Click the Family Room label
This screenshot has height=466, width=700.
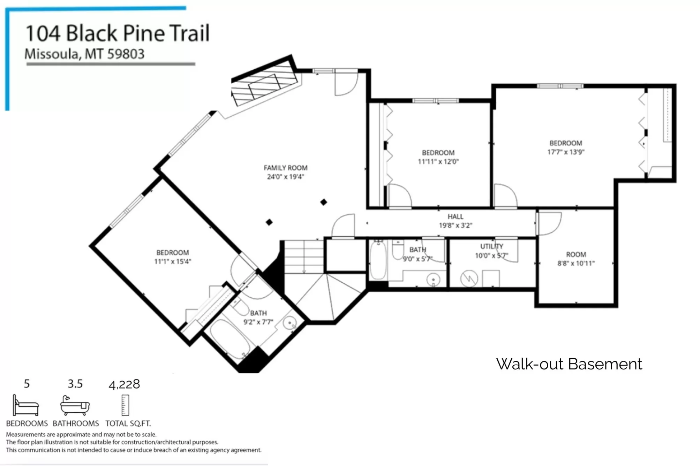coord(285,168)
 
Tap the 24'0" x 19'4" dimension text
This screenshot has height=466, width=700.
coord(285,177)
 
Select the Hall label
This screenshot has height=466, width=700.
coord(456,216)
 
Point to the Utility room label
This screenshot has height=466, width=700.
coord(491,246)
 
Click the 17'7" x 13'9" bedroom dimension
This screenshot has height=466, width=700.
coord(566,152)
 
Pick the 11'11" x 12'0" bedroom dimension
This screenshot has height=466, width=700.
coord(438,161)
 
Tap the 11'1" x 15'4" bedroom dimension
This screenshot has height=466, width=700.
coord(173,261)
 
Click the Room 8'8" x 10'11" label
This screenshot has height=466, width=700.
coord(576,259)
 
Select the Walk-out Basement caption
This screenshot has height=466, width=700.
coord(569,364)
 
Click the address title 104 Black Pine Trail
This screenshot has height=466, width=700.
coord(118,33)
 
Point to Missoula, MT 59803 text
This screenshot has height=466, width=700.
coord(84,54)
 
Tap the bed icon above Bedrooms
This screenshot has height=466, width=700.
coord(25,405)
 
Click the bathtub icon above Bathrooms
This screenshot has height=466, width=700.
coord(75,405)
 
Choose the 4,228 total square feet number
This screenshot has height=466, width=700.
coord(124,384)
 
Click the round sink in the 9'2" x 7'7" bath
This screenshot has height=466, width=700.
coord(289,323)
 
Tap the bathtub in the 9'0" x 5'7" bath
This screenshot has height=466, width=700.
coord(378,260)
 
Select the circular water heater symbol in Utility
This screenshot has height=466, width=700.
coord(469,278)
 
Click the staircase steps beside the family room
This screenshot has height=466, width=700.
coord(304,257)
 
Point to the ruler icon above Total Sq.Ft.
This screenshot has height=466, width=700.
coord(125,405)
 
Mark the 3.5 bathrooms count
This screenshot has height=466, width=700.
coord(75,384)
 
